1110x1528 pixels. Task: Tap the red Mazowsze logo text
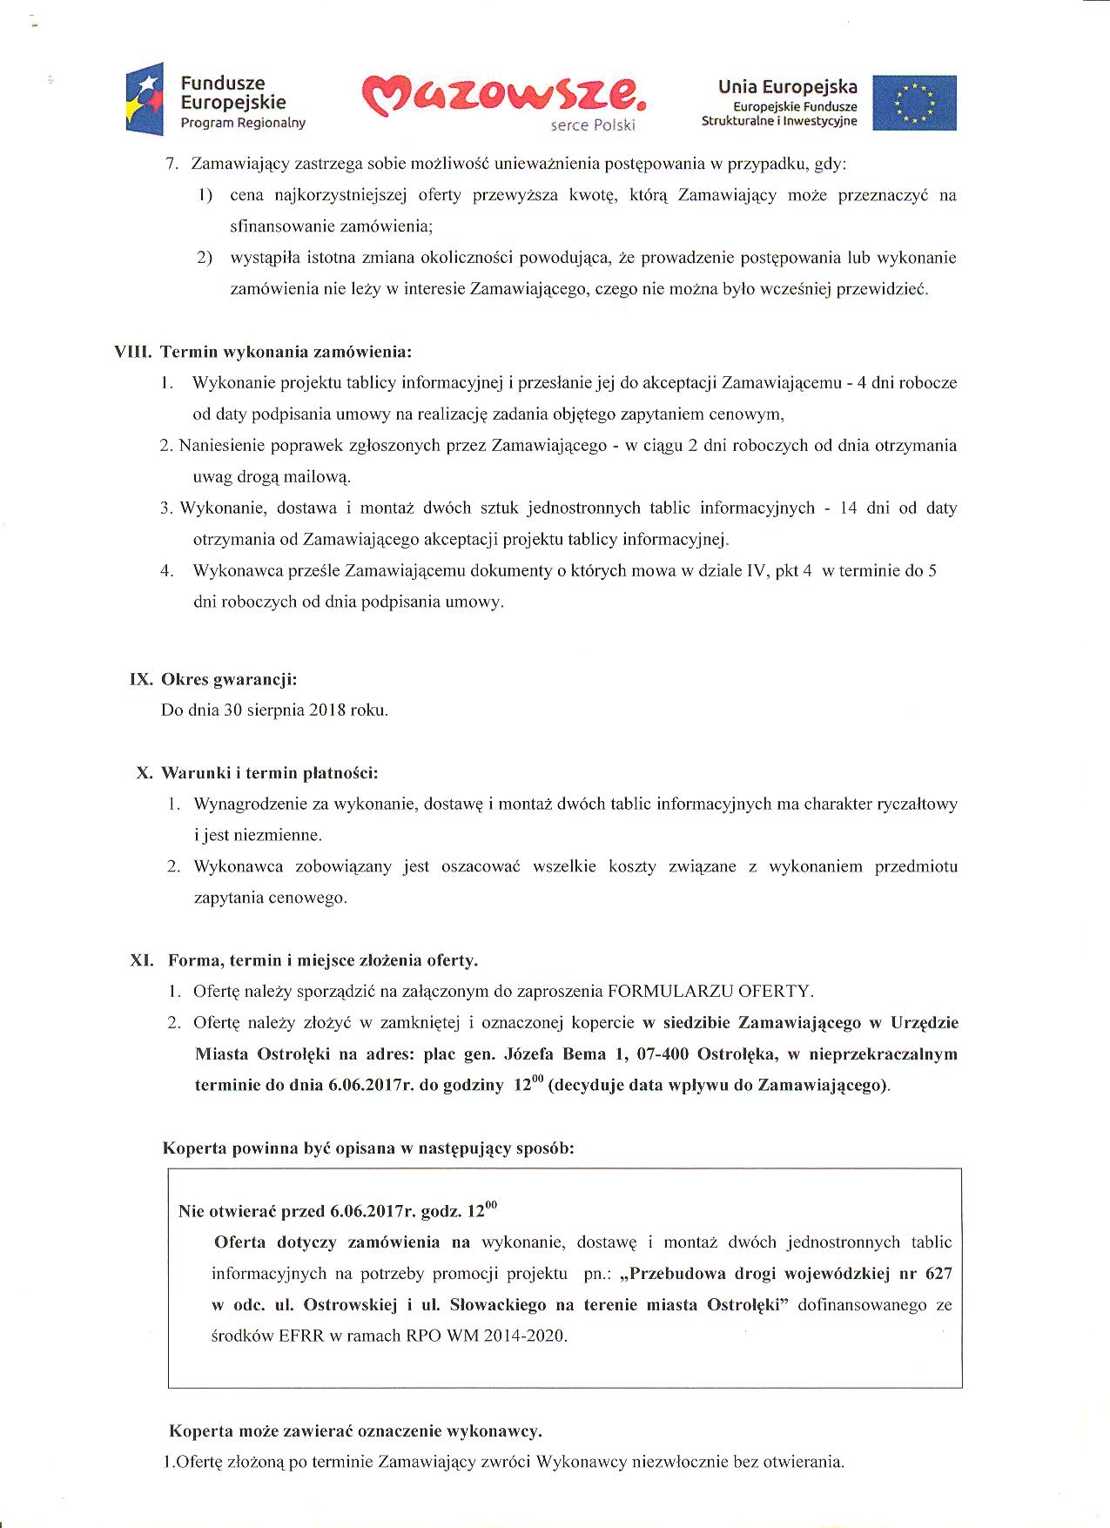point(505,97)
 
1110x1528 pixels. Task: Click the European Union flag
point(914,103)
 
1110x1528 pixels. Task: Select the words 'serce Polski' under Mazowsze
point(593,125)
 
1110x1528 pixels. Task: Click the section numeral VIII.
point(133,352)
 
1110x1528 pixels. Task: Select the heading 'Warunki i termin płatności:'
point(270,772)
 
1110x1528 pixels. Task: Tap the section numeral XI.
point(142,960)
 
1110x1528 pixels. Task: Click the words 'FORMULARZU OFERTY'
point(710,991)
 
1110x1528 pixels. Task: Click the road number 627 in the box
point(938,1273)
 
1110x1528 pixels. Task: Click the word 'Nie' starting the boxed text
point(190,1211)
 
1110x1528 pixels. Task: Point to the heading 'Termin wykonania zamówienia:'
point(286,352)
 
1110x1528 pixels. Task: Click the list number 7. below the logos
point(172,164)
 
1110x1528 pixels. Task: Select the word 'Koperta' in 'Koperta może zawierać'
point(200,1430)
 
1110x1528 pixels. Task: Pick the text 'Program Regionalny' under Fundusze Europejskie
point(243,124)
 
